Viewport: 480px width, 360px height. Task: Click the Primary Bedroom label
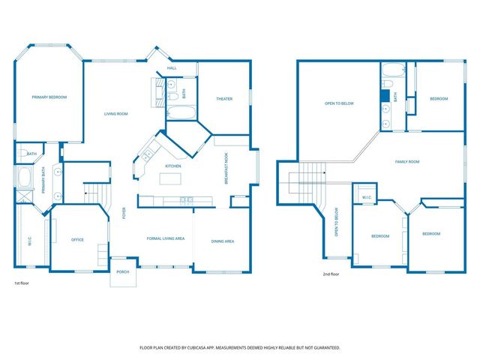tap(49, 97)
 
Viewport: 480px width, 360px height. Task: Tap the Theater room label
tap(224, 99)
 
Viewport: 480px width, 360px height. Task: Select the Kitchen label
tap(173, 166)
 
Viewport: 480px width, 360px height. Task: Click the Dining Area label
tap(223, 241)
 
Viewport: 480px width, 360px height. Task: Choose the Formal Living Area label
tap(165, 238)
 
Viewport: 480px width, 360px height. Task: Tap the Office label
tap(77, 240)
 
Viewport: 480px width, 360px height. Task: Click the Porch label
tap(121, 272)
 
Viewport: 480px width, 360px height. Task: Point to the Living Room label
tap(115, 114)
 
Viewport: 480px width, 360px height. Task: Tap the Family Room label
tap(407, 162)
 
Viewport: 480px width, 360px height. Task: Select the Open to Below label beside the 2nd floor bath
tap(339, 103)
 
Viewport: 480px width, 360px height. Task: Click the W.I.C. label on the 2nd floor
tap(367, 198)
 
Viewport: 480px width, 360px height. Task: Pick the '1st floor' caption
tap(22, 283)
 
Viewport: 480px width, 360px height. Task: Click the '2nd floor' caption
tap(331, 274)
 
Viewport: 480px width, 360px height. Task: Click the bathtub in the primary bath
tap(23, 178)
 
